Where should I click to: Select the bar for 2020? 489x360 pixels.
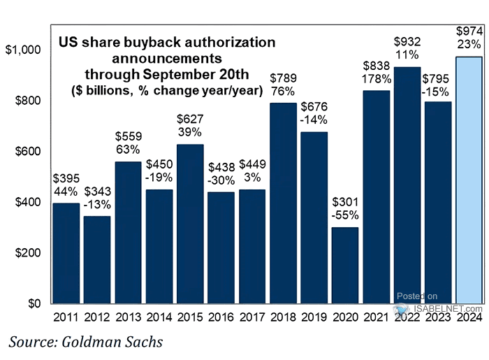[x=344, y=266]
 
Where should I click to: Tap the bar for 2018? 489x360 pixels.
[x=283, y=203]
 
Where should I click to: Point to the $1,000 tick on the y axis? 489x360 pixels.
[x=24, y=50]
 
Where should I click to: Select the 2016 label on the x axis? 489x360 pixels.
[x=221, y=317]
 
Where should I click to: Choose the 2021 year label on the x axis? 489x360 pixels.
[x=376, y=317]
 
